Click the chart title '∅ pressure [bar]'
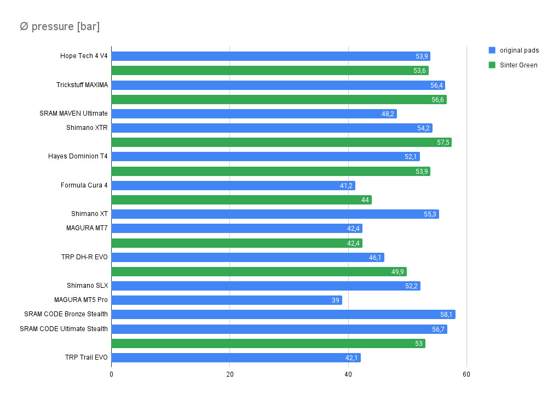click(60, 27)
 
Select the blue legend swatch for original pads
click(492, 50)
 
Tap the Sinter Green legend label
click(518, 65)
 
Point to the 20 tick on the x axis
click(230, 374)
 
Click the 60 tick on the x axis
click(466, 374)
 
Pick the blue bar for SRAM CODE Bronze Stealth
click(283, 315)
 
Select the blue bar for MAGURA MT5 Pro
click(227, 300)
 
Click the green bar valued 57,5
click(281, 143)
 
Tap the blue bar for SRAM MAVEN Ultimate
click(254, 114)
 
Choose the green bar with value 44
click(241, 200)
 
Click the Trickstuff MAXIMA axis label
click(82, 85)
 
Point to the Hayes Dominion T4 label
click(78, 157)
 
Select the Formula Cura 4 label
click(84, 185)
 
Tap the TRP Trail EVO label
click(86, 358)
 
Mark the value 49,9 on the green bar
click(398, 272)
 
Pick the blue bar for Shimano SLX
click(266, 286)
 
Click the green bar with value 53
click(268, 344)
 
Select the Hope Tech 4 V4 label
click(84, 56)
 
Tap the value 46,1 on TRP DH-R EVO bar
click(375, 258)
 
